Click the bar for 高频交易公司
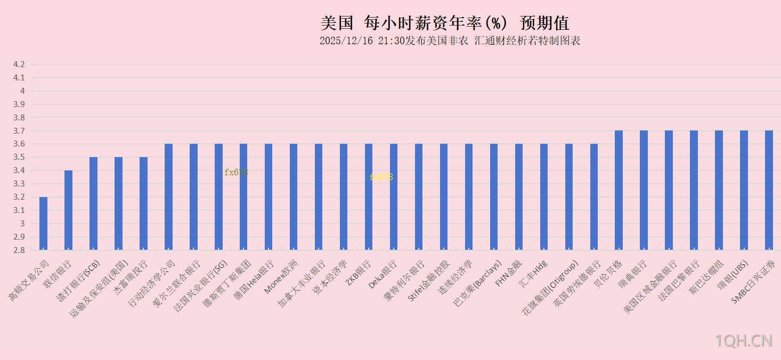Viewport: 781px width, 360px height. point(43,223)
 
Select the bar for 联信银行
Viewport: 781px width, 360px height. point(68,210)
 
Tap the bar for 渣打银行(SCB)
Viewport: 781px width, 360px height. point(93,203)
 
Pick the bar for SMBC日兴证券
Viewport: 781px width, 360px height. point(769,190)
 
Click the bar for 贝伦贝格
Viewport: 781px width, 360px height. point(619,190)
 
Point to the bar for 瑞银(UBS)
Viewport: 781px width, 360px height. point(744,190)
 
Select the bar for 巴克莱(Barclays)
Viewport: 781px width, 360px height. point(494,197)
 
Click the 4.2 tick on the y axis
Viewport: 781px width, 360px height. point(19,64)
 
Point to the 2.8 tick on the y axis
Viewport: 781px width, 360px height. point(19,250)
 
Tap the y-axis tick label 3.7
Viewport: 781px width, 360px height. point(19,130)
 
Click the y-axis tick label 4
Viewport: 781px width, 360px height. point(22,91)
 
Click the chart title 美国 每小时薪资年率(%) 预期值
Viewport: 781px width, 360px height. point(445,23)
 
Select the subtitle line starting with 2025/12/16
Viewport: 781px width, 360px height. point(450,41)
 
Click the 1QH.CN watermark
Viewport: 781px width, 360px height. point(744,341)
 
